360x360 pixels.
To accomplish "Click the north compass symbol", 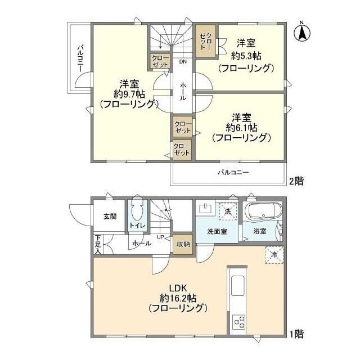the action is click(x=302, y=31).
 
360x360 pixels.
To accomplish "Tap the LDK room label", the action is click(x=178, y=288).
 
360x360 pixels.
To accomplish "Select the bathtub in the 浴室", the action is click(x=263, y=211).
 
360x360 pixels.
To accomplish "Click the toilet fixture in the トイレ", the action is click(x=137, y=211).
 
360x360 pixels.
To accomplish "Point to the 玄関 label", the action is click(x=110, y=216).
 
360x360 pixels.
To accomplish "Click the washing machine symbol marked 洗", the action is click(x=228, y=211).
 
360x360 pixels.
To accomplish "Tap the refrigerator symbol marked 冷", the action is click(x=274, y=255).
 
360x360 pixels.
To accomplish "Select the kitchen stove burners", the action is click(x=239, y=322).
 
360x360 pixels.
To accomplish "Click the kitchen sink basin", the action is click(x=237, y=285).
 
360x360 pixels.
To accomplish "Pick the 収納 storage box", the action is click(x=183, y=245).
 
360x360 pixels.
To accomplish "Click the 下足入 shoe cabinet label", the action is click(x=98, y=244).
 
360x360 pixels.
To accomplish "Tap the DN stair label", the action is click(x=183, y=61).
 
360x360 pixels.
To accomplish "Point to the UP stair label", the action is click(x=160, y=237).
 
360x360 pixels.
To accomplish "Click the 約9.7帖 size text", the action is click(x=129, y=94).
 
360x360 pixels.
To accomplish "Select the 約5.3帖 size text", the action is click(x=246, y=56).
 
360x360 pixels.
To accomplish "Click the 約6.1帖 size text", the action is click(x=241, y=128).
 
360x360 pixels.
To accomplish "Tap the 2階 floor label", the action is click(x=296, y=181).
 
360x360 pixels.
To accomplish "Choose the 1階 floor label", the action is click(x=296, y=334).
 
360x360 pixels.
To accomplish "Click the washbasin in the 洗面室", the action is click(x=205, y=208).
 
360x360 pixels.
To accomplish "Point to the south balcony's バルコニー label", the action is click(x=233, y=172).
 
